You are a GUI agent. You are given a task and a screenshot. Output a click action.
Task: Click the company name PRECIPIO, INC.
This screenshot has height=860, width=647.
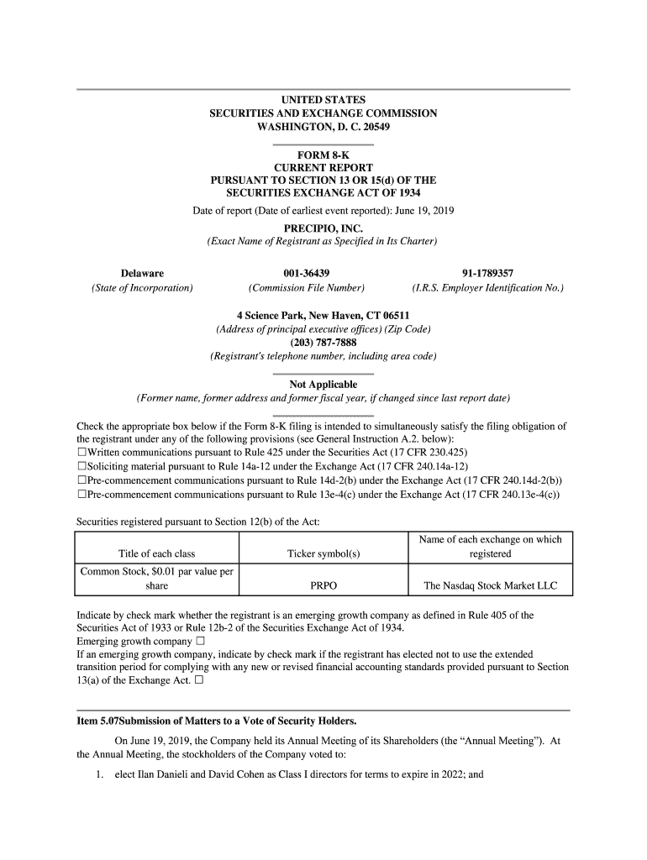coord(323,228)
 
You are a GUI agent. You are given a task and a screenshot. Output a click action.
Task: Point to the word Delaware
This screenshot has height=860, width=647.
coord(142,273)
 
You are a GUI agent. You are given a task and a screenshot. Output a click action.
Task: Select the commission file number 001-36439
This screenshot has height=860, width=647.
coord(307,273)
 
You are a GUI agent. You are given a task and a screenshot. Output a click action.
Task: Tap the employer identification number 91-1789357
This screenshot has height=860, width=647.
coord(487,273)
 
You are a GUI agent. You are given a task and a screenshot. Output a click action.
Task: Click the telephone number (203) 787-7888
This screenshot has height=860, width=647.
coord(323,343)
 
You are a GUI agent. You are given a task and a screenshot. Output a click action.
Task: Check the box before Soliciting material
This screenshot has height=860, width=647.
coord(82,466)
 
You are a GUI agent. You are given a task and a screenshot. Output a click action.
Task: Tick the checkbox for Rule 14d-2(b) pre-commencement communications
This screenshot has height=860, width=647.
coord(82,480)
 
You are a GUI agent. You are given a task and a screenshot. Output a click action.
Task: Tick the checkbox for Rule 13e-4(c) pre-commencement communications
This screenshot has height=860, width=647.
coord(82,495)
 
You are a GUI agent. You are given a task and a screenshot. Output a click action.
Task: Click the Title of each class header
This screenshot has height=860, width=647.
coord(157,554)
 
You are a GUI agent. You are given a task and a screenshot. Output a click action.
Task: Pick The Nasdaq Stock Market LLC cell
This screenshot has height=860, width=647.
coord(490,585)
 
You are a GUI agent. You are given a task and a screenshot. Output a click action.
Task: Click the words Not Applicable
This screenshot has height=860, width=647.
coord(323,385)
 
